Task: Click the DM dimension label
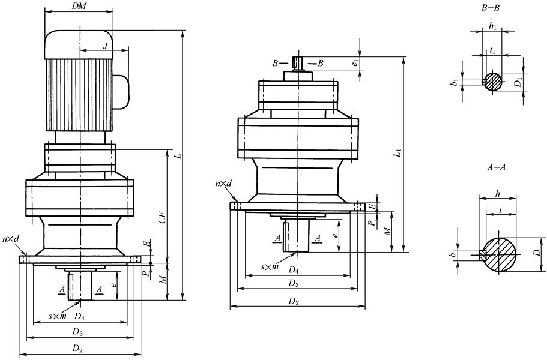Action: [x=78, y=5]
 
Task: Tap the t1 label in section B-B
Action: [x=492, y=51]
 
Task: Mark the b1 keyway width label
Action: [x=456, y=80]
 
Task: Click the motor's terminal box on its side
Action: [x=122, y=88]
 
